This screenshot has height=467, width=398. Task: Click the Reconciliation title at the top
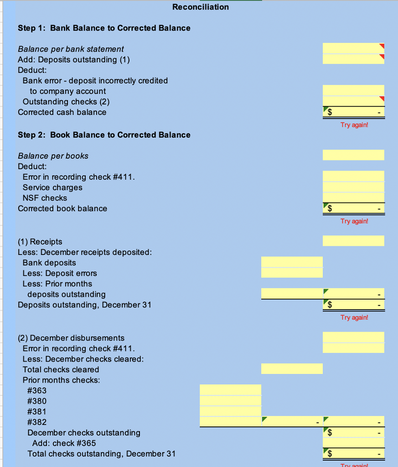pos(201,7)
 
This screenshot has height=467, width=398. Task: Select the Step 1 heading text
pos(104,28)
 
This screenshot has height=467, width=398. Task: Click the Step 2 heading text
pos(104,135)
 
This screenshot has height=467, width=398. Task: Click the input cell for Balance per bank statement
pos(353,48)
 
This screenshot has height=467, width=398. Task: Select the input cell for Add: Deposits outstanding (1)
pos(353,59)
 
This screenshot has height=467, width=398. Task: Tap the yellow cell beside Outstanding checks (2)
pos(353,101)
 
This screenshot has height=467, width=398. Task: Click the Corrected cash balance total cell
pos(353,112)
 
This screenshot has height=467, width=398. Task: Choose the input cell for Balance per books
pos(353,155)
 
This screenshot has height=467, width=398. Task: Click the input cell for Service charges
pos(353,187)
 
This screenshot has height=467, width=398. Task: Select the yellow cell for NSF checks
pos(353,197)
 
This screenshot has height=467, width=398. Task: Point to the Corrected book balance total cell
pos(353,208)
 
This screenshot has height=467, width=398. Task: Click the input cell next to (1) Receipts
pos(353,241)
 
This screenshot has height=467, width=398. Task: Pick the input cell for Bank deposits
pos(292,262)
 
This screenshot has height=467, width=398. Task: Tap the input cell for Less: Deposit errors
pos(292,273)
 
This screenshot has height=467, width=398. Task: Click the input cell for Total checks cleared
pos(292,368)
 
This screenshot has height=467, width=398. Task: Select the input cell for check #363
pos(230,390)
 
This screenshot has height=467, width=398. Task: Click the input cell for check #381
pos(230,411)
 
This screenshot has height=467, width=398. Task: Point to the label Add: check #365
pos(64,443)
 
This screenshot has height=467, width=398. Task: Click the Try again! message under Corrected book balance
pos(354,221)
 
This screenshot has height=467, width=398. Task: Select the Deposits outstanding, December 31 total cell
pos(353,305)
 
